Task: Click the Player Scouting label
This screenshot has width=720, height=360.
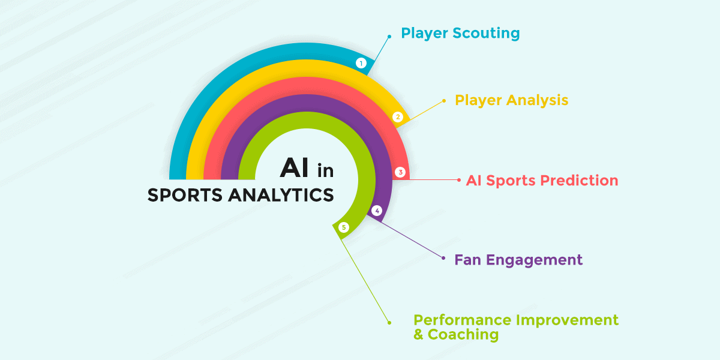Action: [460, 33]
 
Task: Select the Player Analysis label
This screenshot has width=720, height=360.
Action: [511, 100]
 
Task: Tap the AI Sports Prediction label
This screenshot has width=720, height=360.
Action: [542, 180]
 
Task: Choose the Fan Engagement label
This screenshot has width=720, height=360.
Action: [518, 260]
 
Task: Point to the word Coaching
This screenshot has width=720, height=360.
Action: [463, 335]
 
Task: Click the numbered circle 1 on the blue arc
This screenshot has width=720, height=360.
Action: [361, 63]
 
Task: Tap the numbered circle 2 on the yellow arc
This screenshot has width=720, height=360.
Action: [397, 117]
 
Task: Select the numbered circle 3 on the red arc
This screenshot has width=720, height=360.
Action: [401, 172]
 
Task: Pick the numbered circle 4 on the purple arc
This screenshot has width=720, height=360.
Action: [377, 211]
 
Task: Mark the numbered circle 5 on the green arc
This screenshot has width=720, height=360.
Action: [343, 227]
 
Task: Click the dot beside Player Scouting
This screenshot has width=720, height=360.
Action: [389, 36]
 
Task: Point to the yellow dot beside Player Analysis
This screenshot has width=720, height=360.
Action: [443, 101]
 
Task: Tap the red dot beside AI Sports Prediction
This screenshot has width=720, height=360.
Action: [459, 180]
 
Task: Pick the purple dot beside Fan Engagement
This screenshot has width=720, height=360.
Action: [443, 259]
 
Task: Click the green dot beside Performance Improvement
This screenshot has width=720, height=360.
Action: [389, 322]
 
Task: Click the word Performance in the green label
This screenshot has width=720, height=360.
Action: [463, 320]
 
